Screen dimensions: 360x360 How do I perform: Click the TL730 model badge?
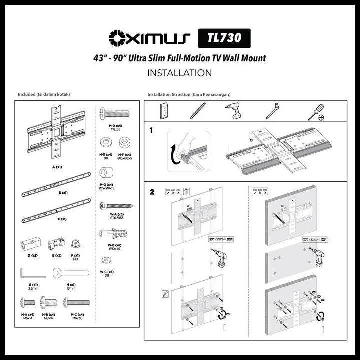(224, 38)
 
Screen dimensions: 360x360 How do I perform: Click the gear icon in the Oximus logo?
(117, 38)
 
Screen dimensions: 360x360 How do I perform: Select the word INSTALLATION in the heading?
(180, 73)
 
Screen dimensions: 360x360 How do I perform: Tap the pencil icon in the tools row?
(197, 110)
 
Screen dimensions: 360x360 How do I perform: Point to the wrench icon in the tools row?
(273, 110)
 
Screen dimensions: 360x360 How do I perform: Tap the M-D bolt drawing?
(114, 113)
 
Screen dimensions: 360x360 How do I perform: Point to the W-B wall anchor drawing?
(114, 234)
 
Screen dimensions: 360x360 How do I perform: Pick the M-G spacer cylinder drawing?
(106, 174)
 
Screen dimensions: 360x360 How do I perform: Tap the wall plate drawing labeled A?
(56, 131)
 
